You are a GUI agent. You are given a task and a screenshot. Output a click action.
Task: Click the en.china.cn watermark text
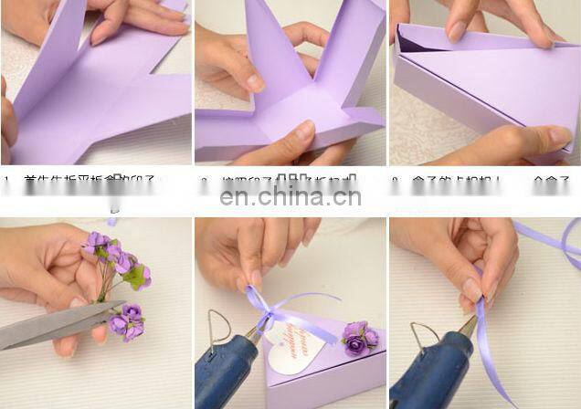coord(290,196)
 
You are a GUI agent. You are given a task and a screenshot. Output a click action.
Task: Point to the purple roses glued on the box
coord(357,338)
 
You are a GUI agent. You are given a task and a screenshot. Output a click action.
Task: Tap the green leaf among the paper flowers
coord(137,278)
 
